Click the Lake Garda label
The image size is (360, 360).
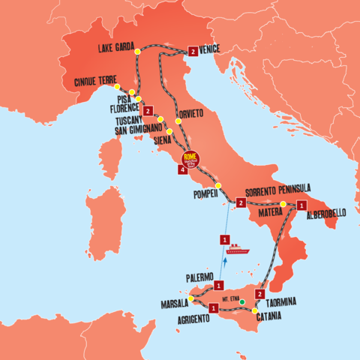click(116, 49)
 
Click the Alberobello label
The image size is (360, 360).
click(325, 214)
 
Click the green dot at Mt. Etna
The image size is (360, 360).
click(243, 302)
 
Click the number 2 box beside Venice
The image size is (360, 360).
click(193, 52)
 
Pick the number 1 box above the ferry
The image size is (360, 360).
click(224, 240)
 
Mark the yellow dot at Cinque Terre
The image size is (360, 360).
click(117, 86)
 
